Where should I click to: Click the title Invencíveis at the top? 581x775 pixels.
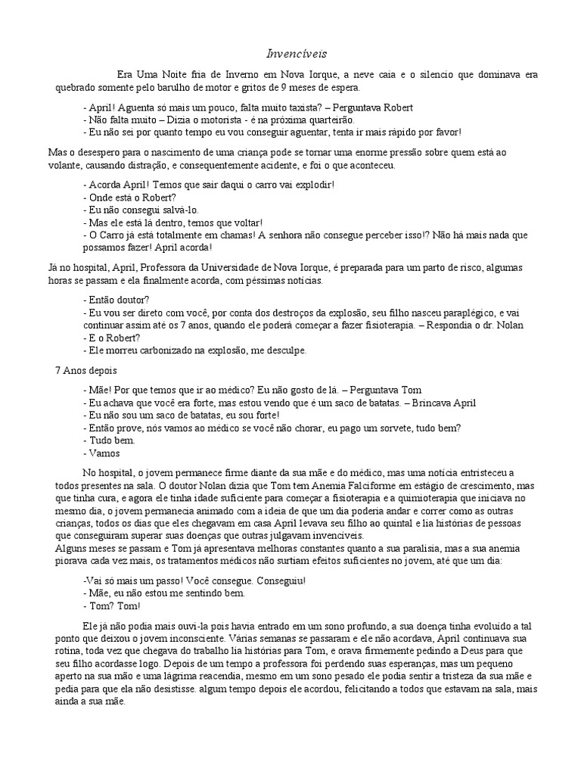[x=290, y=54]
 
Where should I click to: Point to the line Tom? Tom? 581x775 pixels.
[x=112, y=605]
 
